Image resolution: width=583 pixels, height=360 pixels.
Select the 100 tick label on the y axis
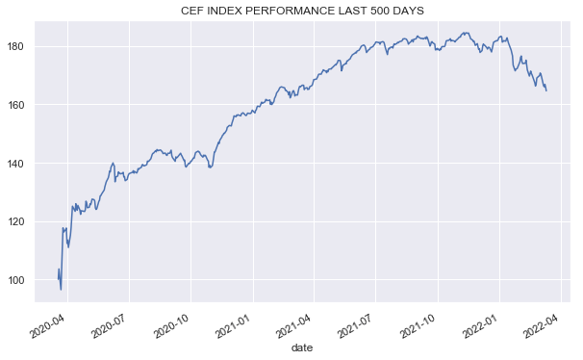pos(21,280)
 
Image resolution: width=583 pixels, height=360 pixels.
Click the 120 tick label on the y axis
pos(21,221)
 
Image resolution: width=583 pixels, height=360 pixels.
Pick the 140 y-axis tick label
pos(21,163)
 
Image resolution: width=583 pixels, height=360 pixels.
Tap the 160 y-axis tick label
pos(21,105)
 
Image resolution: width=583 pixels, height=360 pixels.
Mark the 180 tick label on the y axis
pos(21,46)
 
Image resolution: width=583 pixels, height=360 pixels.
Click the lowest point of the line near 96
pos(61,290)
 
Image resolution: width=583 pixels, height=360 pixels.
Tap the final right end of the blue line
pos(546,90)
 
